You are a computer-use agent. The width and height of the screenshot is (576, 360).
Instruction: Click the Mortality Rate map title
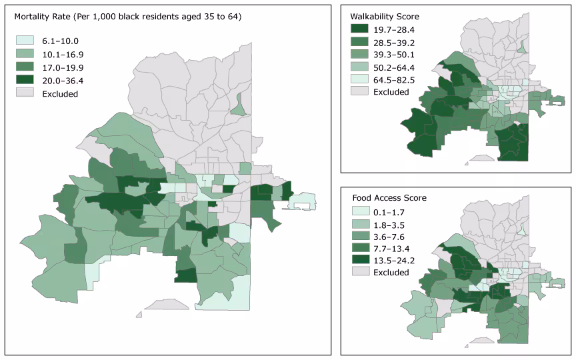(x=123, y=17)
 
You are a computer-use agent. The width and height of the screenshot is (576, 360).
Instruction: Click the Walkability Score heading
(x=385, y=15)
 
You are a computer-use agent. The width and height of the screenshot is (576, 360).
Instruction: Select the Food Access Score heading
(x=388, y=198)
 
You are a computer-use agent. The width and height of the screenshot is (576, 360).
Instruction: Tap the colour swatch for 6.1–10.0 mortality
(x=25, y=41)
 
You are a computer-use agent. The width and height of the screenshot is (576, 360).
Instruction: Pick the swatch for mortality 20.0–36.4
(x=25, y=81)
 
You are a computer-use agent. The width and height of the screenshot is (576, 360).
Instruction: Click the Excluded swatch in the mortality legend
(x=25, y=94)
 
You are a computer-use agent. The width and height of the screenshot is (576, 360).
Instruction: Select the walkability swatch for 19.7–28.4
(x=359, y=29)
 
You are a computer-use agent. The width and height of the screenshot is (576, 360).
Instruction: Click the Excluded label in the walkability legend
(x=391, y=92)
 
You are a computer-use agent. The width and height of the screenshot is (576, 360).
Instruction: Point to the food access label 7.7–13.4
(x=394, y=249)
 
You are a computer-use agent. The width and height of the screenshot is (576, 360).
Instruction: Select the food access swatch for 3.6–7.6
(x=359, y=236)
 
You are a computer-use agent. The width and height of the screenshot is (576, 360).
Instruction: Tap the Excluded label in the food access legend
(x=391, y=273)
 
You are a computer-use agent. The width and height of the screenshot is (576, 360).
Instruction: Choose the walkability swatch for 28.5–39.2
(x=359, y=41)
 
